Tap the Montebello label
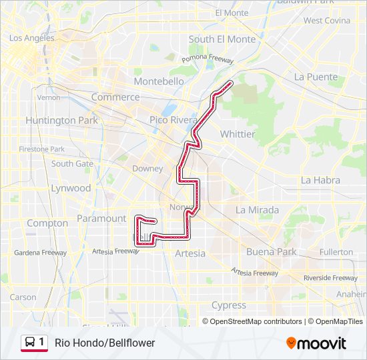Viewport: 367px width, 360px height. pos(159,81)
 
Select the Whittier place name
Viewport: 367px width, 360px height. pos(238,134)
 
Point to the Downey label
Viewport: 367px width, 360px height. pos(147,169)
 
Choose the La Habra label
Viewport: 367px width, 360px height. pos(320,180)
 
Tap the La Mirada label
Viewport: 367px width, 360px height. pos(257,209)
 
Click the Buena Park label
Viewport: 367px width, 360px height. pos(271,252)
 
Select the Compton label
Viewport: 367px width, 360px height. pos(47,223)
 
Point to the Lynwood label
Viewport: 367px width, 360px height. pos(71,188)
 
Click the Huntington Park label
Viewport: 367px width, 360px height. pos(61,121)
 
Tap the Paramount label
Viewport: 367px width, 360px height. pos(101,218)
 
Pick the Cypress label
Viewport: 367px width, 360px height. pos(228,305)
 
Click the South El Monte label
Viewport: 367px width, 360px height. pos(222,39)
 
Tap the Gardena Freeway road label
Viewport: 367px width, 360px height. pos(41,253)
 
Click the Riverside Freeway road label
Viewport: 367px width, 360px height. pos(330,277)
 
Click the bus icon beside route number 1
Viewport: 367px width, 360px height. pos(29,343)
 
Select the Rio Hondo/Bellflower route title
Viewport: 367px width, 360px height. pos(105,343)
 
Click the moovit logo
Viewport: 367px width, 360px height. pos(316,343)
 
